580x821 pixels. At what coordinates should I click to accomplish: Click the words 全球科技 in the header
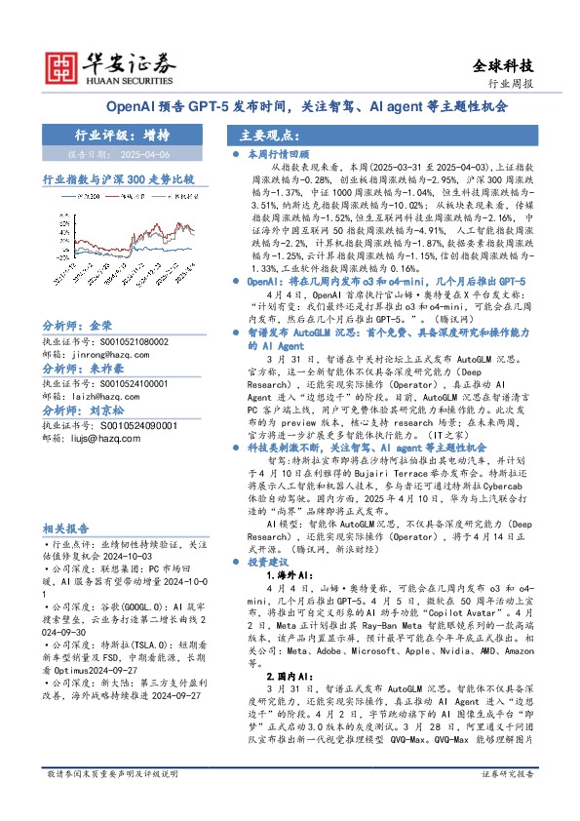(503, 66)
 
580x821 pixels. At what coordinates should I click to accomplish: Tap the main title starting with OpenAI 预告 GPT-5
(290, 107)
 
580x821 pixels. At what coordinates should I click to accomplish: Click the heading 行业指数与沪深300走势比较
(118, 179)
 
